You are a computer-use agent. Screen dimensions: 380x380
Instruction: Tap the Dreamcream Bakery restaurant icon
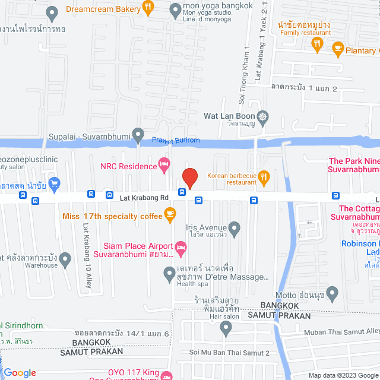click(148, 8)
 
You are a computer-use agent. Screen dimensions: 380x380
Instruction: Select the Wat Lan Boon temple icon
click(264, 116)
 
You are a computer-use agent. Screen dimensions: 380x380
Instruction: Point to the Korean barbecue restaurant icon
click(265, 176)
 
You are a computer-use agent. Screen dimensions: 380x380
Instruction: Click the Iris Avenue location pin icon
click(235, 227)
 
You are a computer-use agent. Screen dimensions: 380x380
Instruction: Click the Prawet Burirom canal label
click(176, 141)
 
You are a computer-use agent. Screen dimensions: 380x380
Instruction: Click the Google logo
click(20, 373)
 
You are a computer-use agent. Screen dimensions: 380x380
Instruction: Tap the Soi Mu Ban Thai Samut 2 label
click(229, 353)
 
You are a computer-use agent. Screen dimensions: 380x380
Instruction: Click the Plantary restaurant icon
click(338, 47)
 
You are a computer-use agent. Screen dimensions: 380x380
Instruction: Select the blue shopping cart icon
click(56, 182)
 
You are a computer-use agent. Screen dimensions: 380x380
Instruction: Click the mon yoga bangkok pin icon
click(175, 8)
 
